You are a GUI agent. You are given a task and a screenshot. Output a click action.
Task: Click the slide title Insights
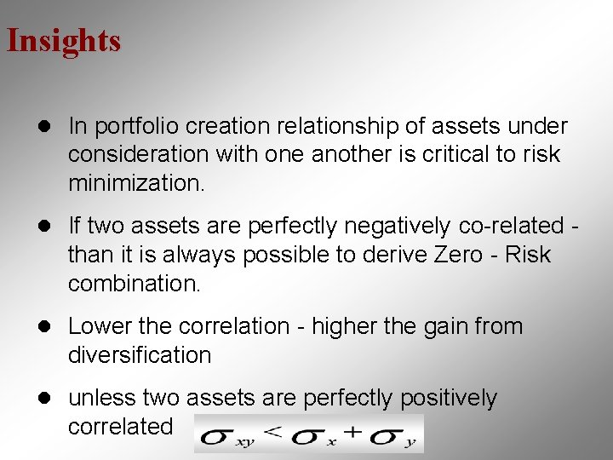tap(64, 40)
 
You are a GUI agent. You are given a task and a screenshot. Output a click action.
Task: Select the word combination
tap(135, 284)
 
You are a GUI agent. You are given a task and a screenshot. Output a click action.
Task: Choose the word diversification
tap(140, 354)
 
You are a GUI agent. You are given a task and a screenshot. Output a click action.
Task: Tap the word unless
tap(101, 398)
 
